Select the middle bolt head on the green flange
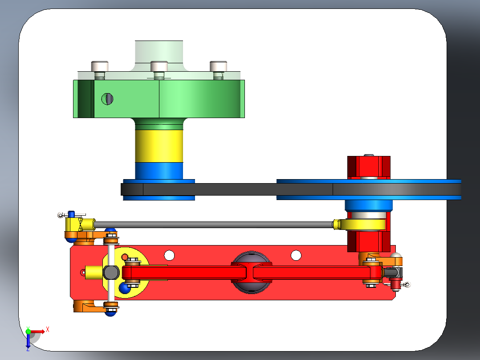coord(159,66)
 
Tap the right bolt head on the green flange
coord(218,66)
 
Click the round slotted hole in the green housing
coord(107,98)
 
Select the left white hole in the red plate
coord(169,255)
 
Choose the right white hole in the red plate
coord(296,255)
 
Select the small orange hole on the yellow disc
coord(125,257)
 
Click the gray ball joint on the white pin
coord(111,272)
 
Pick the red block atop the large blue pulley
coord(369,167)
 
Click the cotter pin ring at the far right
coord(407,284)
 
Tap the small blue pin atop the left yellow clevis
coord(71,214)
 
